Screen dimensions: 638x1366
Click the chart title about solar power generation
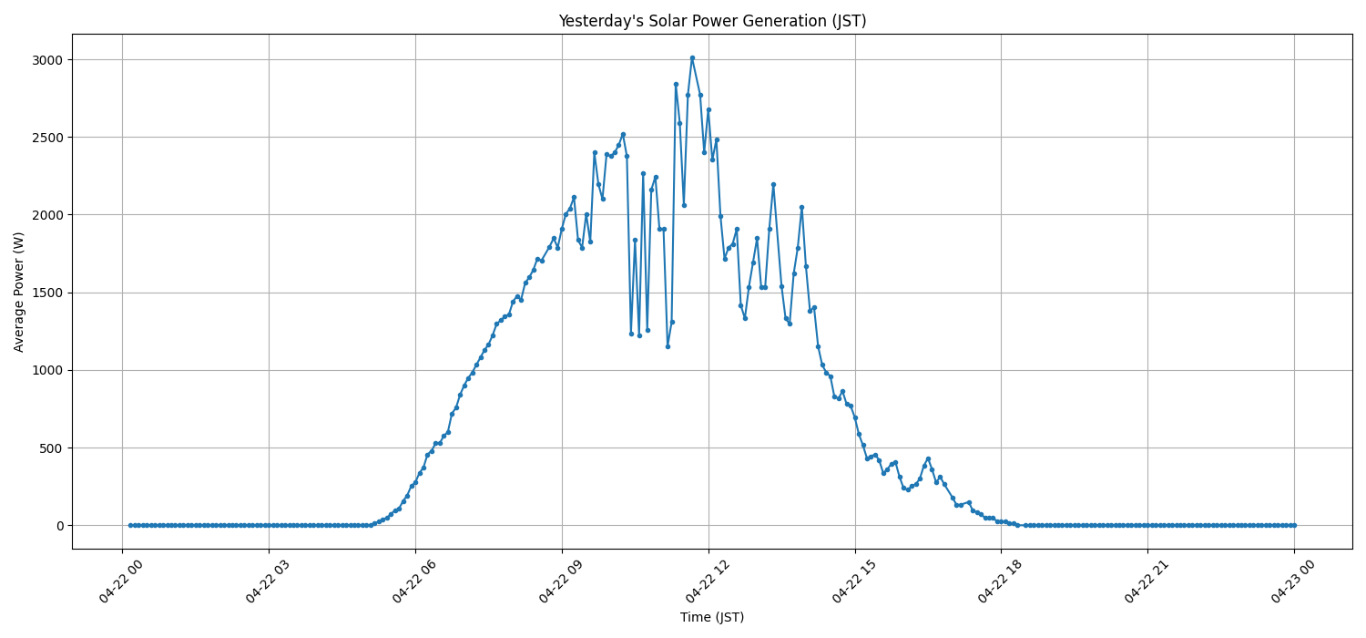tap(712, 21)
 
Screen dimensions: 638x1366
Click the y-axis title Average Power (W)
tap(19, 292)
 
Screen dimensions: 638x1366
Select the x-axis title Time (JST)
tap(712, 617)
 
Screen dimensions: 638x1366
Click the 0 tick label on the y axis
tap(58, 526)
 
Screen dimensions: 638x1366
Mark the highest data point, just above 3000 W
tap(692, 57)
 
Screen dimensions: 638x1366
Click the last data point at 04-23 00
tap(1294, 525)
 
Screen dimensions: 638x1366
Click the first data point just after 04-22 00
tap(130, 525)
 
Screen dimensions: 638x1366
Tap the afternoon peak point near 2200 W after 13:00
tap(773, 184)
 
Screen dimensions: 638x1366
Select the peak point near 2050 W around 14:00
tap(801, 207)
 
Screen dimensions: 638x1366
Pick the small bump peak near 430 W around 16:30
tap(928, 458)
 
